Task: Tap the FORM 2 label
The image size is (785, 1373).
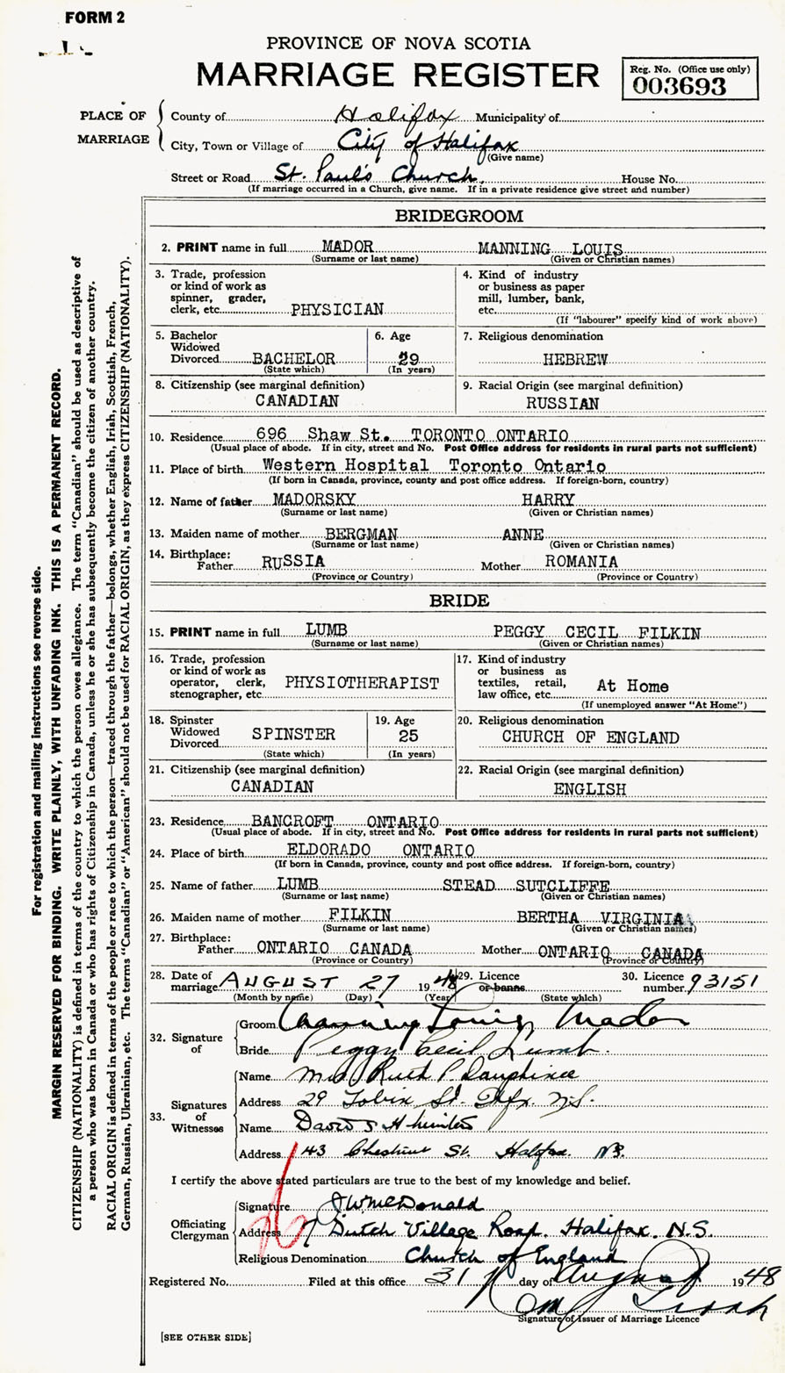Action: [x=95, y=18]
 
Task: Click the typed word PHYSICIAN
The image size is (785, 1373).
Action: [x=337, y=309]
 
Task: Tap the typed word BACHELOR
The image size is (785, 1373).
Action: [x=293, y=359]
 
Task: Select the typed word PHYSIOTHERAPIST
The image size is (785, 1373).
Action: [x=362, y=682]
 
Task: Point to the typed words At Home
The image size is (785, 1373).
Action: [x=632, y=686]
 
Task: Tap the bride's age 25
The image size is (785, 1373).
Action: [x=408, y=737]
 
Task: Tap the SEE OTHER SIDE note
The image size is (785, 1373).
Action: [x=206, y=1336]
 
